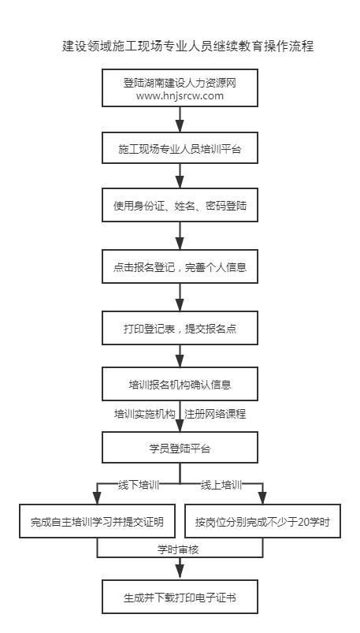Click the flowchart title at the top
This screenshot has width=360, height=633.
[x=188, y=46]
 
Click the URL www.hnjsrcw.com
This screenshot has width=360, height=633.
[x=180, y=95]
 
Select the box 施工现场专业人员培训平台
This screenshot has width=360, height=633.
[x=180, y=147]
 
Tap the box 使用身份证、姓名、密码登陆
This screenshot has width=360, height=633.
[x=180, y=205]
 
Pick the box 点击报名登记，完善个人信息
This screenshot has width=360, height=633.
[x=180, y=266]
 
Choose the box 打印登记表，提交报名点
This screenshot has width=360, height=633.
[x=180, y=328]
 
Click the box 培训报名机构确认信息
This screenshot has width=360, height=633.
[x=180, y=384]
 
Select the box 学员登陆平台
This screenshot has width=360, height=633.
[x=180, y=447]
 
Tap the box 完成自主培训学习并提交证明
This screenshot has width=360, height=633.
[x=97, y=521]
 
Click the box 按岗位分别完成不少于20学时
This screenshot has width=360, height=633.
[x=263, y=521]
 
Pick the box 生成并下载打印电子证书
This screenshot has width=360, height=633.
[x=180, y=597]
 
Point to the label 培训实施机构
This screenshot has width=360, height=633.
[x=144, y=414]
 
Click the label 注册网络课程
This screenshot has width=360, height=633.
[x=215, y=414]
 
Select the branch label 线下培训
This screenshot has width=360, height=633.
[x=139, y=485]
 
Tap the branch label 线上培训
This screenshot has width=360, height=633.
[x=221, y=485]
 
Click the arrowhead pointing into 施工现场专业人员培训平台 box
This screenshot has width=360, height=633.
[x=180, y=126]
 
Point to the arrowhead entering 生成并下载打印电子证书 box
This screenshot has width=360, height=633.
[x=180, y=574]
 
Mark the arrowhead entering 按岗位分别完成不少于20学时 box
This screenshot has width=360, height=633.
[x=263, y=498]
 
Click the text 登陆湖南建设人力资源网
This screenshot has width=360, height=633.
[x=180, y=83]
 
